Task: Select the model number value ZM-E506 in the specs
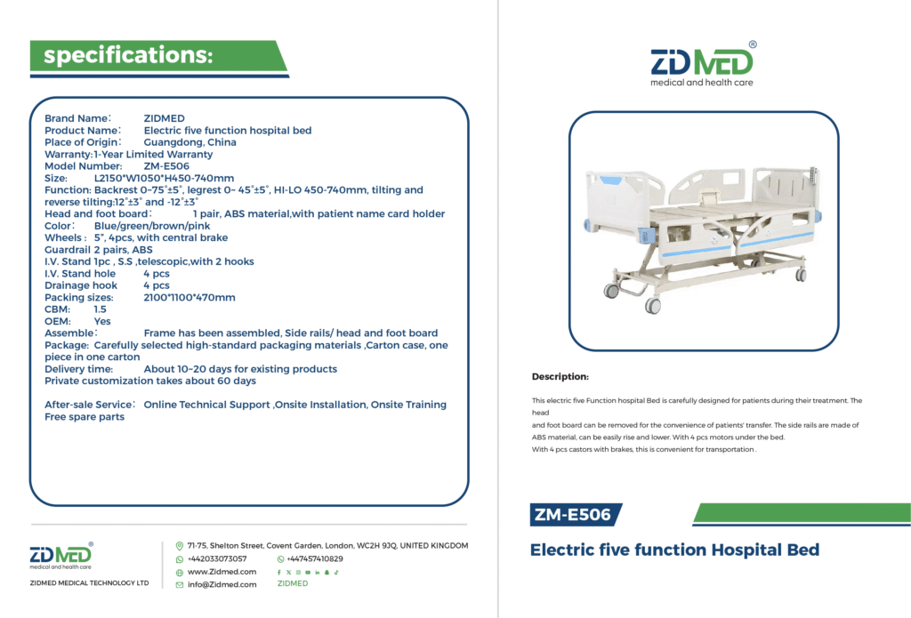(x=166, y=166)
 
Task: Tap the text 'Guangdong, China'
(x=190, y=142)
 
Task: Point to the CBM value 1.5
(x=100, y=309)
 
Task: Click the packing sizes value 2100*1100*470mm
(x=189, y=297)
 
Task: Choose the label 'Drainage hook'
(x=81, y=285)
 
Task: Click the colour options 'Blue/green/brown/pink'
(x=152, y=226)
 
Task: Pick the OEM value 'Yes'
(x=102, y=321)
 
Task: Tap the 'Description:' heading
(x=560, y=376)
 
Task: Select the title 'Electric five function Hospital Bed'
(x=674, y=550)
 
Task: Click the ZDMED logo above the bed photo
(x=703, y=65)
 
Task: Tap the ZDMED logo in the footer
(x=61, y=556)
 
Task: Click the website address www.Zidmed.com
(x=222, y=572)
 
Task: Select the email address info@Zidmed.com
(x=222, y=585)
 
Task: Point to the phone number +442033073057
(x=217, y=558)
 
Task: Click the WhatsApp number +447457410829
(x=314, y=558)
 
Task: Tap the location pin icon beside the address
(x=180, y=546)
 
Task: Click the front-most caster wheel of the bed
(x=652, y=306)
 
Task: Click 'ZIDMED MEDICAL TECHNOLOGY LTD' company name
(x=90, y=583)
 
